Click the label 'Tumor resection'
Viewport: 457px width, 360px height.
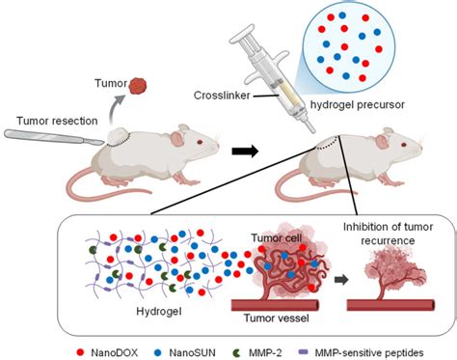click(45, 121)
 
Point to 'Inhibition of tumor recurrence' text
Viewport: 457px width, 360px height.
click(387, 234)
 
